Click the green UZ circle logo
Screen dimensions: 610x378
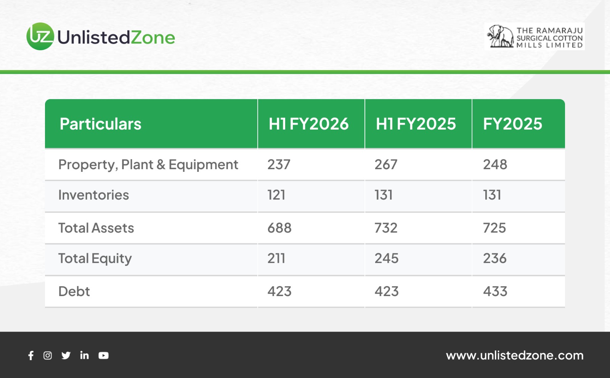pyautogui.click(x=40, y=36)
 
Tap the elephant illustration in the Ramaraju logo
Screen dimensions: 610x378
pyautogui.click(x=501, y=36)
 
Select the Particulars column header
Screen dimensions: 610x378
pyautogui.click(x=101, y=124)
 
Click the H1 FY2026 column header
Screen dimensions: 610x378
pyautogui.click(x=308, y=124)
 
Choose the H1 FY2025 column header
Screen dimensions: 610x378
pyautogui.click(x=416, y=124)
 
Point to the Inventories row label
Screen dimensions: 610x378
pyautogui.click(x=94, y=195)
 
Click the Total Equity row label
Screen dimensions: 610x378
pyautogui.click(x=95, y=258)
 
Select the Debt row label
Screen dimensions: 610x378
pyautogui.click(x=74, y=292)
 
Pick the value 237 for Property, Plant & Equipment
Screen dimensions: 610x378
pyautogui.click(x=279, y=164)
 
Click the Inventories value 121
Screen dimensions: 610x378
pyautogui.click(x=276, y=195)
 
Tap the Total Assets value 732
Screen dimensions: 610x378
pyautogui.click(x=386, y=228)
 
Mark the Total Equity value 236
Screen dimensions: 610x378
pyautogui.click(x=495, y=258)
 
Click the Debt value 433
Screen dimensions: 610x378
pyautogui.click(x=495, y=292)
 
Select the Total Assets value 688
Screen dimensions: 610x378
pyautogui.click(x=279, y=228)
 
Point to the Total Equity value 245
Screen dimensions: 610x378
pyautogui.click(x=387, y=258)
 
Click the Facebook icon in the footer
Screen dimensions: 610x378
pyautogui.click(x=31, y=356)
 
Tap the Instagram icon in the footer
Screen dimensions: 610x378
pyautogui.click(x=48, y=356)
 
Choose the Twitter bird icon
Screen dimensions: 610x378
pyautogui.click(x=66, y=356)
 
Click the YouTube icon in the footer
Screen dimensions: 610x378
pyautogui.click(x=103, y=356)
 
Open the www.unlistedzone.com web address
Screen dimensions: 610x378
pyautogui.click(x=515, y=356)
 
